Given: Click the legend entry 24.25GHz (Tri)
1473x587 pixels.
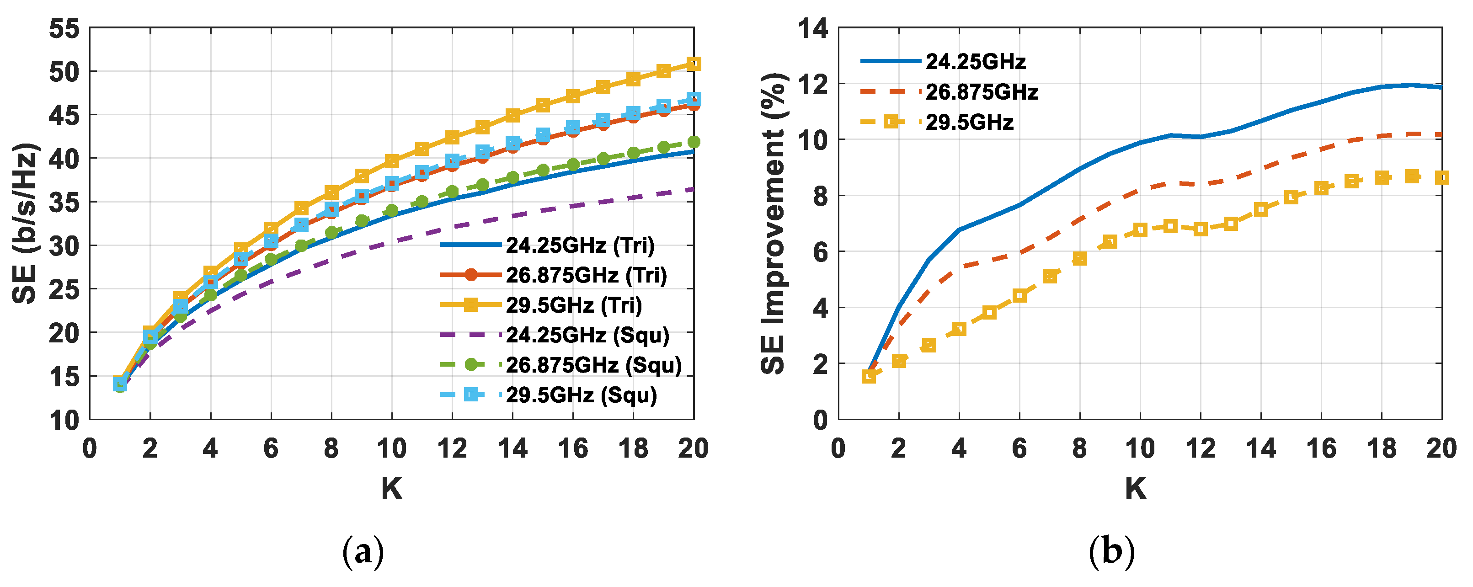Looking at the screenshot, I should (x=580, y=245).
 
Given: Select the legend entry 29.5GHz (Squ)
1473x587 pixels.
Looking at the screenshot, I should (x=581, y=395).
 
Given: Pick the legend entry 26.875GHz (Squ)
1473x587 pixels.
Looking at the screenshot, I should (x=593, y=365).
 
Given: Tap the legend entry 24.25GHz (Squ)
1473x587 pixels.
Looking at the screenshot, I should (x=587, y=335).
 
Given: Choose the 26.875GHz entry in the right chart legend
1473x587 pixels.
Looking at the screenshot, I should (x=981, y=92).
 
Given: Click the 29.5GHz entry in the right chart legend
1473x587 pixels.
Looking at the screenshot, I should (x=969, y=123).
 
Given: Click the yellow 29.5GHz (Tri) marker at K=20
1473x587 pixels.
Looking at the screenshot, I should (x=694, y=64).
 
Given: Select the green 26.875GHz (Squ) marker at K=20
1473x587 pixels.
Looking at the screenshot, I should (x=694, y=142).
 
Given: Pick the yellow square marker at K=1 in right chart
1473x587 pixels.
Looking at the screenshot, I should (x=869, y=376).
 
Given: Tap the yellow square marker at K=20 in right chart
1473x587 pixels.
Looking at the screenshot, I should (x=1442, y=178).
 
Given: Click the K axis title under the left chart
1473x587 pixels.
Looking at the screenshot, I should (x=392, y=489).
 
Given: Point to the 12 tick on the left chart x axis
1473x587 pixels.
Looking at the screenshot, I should (x=452, y=448).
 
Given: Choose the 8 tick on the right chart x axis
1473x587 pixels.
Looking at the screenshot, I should (x=1079, y=448).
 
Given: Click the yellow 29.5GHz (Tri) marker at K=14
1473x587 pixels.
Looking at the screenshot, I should (x=512, y=115).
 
